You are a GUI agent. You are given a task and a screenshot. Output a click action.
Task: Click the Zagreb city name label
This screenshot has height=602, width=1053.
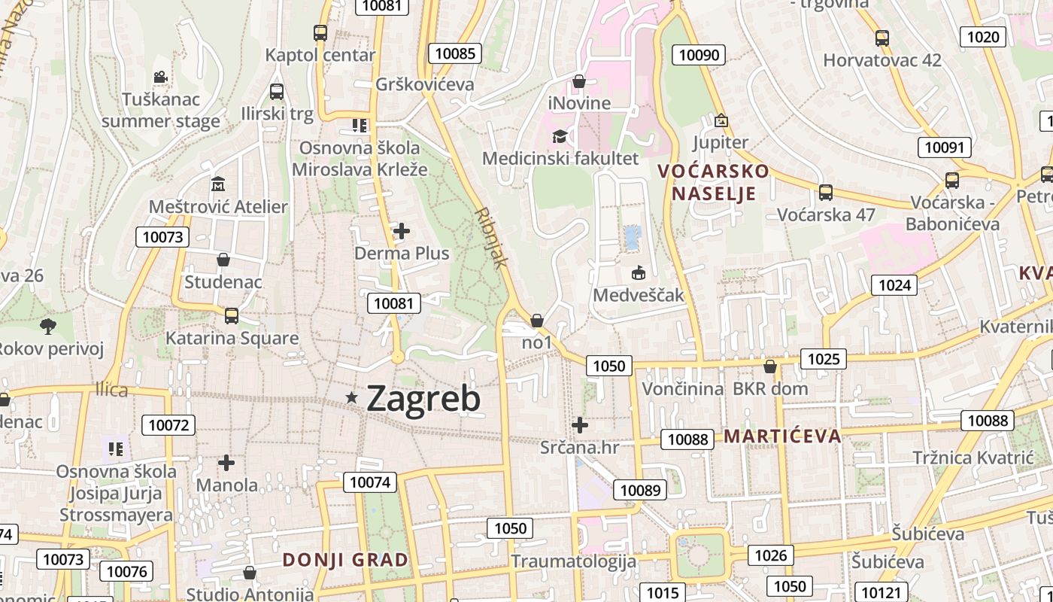coord(423,399)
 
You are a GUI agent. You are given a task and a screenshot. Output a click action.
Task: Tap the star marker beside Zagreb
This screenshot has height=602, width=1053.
coord(351,397)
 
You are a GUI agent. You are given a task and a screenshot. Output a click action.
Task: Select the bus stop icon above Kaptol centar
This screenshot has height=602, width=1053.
coord(320,33)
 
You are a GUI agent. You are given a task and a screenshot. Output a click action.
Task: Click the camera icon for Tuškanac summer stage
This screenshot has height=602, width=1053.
coord(160,77)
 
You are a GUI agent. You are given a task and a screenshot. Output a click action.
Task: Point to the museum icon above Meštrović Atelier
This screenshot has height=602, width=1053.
coord(218,184)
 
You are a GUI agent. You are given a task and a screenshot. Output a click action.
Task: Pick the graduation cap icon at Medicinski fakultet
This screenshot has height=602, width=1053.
coord(560,136)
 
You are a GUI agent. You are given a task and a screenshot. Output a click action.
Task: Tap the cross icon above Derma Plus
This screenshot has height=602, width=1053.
coord(402,231)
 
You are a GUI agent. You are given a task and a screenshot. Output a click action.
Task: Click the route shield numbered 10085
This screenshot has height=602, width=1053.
coord(455,53)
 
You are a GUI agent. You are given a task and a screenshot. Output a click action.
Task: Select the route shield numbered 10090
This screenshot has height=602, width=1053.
coord(699,54)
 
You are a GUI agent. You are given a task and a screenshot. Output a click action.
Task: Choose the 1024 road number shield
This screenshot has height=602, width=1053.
coord(894,285)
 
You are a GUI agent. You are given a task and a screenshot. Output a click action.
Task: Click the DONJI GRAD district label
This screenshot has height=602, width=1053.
coord(345,560)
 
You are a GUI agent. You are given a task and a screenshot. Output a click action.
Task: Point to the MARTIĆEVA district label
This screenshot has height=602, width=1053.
coord(782,436)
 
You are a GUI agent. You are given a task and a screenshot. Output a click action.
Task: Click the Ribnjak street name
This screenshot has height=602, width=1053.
coord(493,238)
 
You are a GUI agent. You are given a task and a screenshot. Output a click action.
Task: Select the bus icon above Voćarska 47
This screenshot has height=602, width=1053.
coord(826,193)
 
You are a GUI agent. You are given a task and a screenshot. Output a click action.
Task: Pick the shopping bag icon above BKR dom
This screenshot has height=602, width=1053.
coord(769,366)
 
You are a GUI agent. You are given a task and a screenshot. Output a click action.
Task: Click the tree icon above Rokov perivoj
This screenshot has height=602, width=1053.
coord(48,326)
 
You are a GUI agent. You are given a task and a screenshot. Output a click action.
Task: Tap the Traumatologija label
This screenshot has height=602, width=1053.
coord(573,561)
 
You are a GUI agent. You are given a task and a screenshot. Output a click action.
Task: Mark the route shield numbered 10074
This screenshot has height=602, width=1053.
coord(370,482)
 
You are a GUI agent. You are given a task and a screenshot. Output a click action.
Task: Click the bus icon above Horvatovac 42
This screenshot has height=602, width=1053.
coord(882,38)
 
